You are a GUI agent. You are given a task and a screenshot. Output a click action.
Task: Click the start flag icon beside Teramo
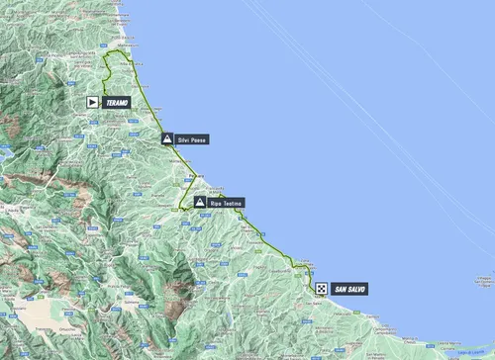click(92, 101)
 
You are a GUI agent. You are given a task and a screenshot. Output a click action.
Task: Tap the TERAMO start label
click(116, 101)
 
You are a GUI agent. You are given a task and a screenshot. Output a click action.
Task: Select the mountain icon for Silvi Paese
click(168, 138)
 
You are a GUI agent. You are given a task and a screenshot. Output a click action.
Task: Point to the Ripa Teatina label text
click(224, 202)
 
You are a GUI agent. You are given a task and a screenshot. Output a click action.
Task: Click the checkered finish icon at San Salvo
click(322, 288)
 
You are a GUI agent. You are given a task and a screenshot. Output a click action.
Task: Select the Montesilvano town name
click(178, 160)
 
